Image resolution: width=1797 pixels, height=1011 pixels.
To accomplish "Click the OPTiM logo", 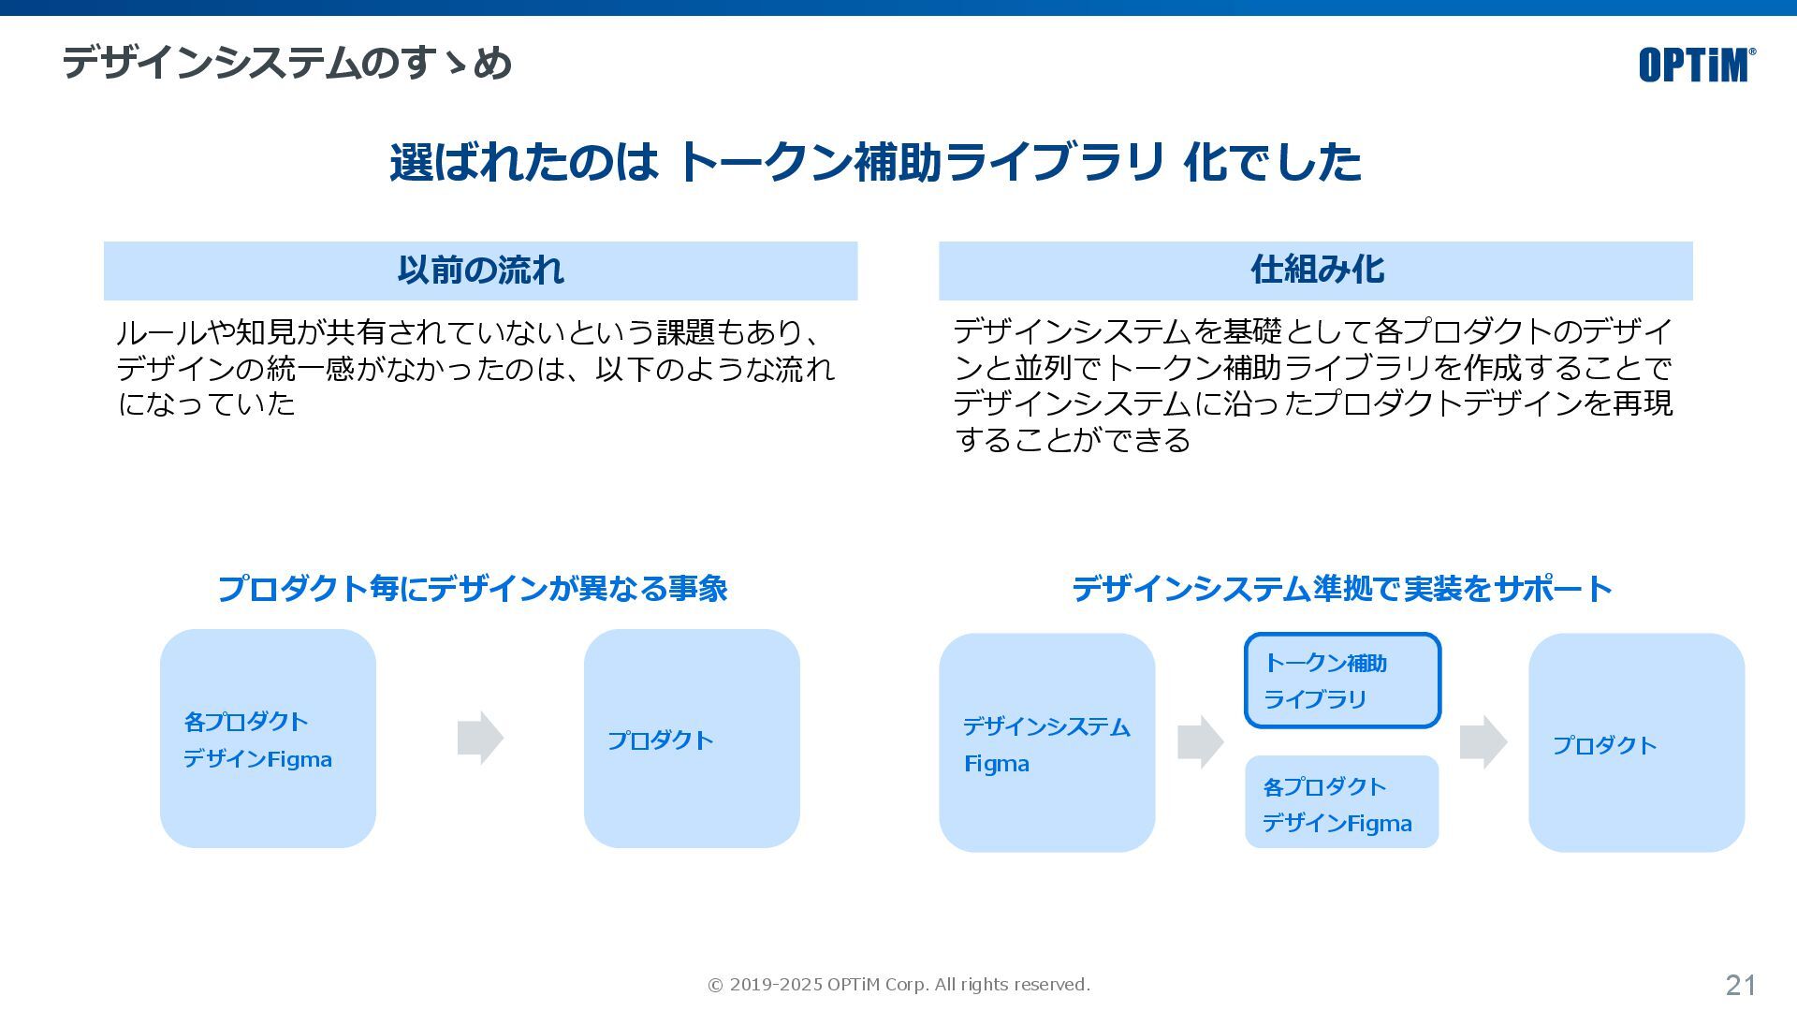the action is (x=1696, y=65).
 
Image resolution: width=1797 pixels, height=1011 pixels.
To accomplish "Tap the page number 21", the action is (x=1740, y=985).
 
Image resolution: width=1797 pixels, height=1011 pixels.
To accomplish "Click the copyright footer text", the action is (x=898, y=985).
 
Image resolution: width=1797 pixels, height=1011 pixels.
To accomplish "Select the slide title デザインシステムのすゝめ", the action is (x=287, y=64).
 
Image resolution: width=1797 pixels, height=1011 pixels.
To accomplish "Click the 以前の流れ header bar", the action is (x=480, y=271).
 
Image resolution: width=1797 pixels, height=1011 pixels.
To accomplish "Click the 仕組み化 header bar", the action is (x=1315, y=271).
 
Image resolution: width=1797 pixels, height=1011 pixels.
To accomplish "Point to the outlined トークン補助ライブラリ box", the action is (x=1342, y=681).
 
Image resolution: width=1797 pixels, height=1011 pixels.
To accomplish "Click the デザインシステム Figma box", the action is (x=1046, y=742).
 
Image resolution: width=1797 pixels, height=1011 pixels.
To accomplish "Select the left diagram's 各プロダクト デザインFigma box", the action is (x=268, y=739).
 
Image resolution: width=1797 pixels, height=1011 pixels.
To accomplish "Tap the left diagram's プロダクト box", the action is (x=692, y=739).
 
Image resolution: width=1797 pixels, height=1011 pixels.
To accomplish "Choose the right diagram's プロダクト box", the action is (x=1636, y=742).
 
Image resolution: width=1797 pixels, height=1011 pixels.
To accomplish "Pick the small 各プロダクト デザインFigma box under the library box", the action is (x=1341, y=802).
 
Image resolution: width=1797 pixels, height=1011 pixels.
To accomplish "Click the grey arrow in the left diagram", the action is (x=480, y=738).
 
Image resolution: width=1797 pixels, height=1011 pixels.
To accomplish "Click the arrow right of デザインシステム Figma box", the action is (x=1200, y=742).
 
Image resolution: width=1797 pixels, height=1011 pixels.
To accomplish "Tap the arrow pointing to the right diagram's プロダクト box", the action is (x=1483, y=742).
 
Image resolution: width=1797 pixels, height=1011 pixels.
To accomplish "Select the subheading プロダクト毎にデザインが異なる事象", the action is (x=473, y=589).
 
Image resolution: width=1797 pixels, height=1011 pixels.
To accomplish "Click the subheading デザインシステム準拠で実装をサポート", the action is (x=1341, y=589).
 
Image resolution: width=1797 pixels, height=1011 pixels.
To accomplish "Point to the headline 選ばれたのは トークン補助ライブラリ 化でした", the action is (x=875, y=162).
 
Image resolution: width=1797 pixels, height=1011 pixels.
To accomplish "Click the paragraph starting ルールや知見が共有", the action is (x=475, y=368).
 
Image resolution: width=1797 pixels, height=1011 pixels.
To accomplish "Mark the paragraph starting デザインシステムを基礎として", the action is (x=1312, y=385).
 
